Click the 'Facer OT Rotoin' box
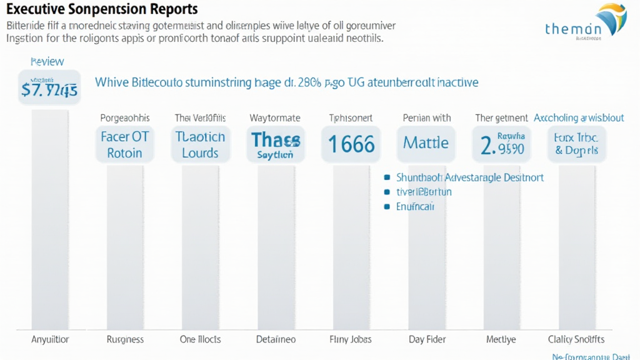(x=125, y=144)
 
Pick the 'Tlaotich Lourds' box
(x=200, y=144)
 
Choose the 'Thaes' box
(x=275, y=144)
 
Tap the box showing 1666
(x=351, y=144)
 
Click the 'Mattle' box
(x=426, y=144)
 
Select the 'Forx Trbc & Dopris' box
(x=576, y=144)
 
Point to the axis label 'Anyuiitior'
(x=50, y=339)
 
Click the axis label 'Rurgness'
(x=125, y=339)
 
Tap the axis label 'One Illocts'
(x=200, y=339)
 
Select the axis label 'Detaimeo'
(x=275, y=339)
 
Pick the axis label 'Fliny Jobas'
(x=350, y=339)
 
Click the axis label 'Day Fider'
(x=426, y=339)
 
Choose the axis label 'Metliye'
(x=501, y=339)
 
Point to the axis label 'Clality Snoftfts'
(x=576, y=339)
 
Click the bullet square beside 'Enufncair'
(x=387, y=206)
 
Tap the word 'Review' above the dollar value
(x=47, y=62)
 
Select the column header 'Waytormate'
(x=275, y=117)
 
